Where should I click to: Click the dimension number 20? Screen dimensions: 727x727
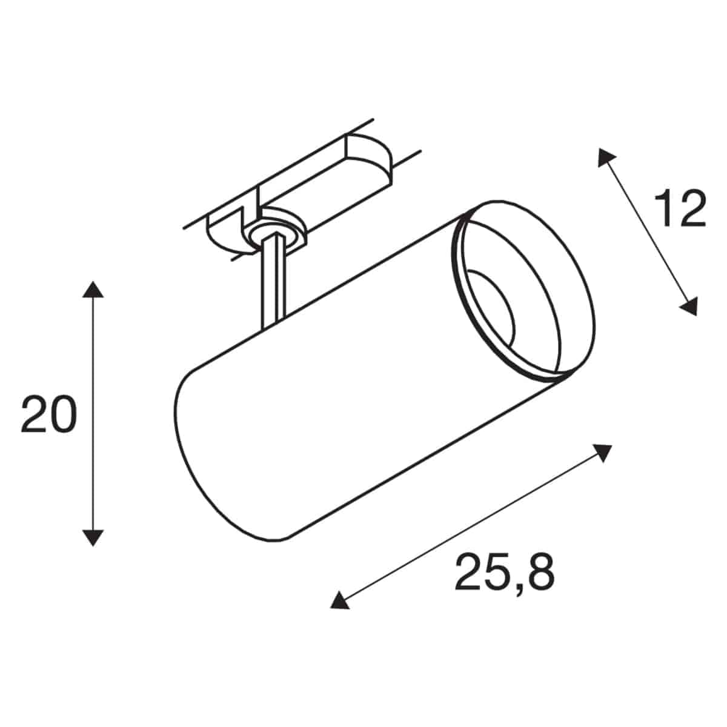click(x=48, y=414)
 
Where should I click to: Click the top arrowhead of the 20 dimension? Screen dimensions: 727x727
click(x=93, y=290)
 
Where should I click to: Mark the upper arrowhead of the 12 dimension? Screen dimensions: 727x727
click(x=605, y=158)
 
